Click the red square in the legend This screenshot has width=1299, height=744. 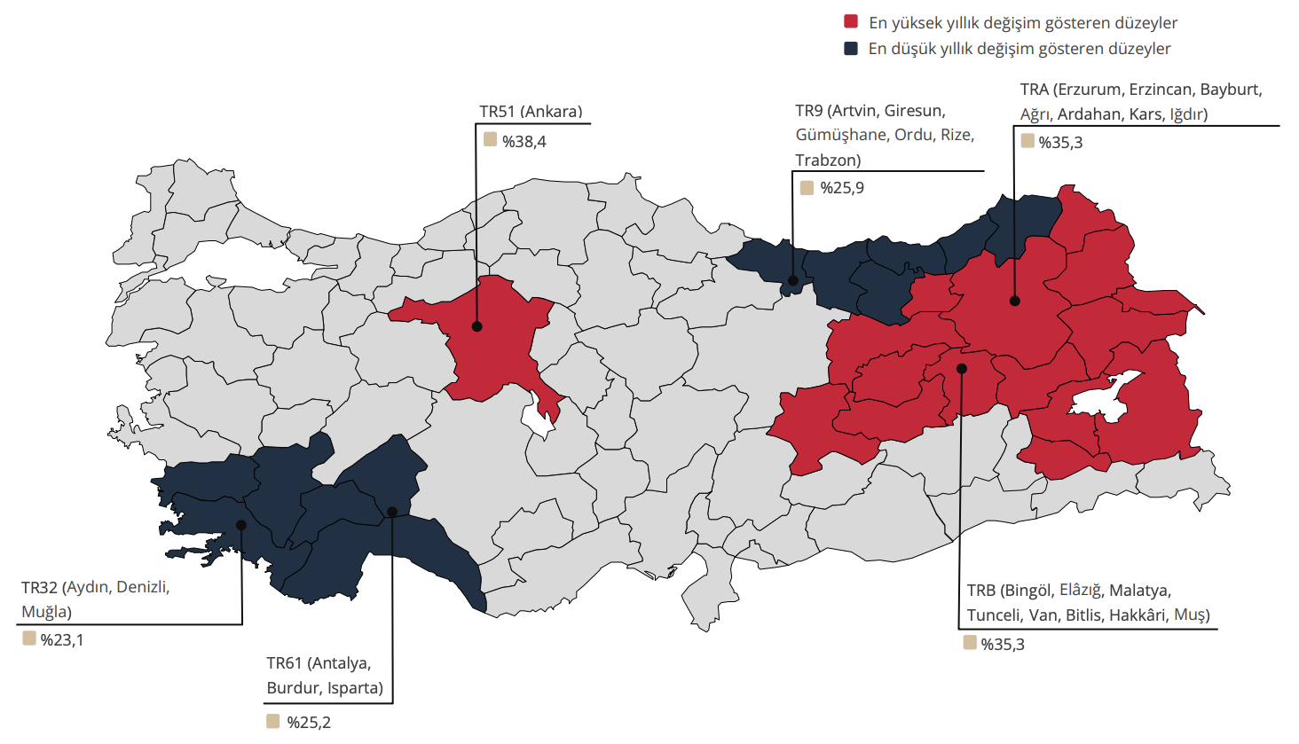click(x=851, y=22)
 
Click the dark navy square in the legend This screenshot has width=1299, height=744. click(x=851, y=48)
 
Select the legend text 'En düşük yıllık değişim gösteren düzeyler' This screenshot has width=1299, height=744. click(x=1019, y=49)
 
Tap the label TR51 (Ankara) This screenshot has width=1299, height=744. click(x=531, y=112)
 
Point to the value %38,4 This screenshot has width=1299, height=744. click(x=524, y=142)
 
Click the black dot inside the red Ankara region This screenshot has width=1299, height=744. click(x=476, y=326)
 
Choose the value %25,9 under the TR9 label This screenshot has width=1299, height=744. click(x=842, y=188)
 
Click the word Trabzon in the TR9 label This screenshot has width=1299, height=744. click(x=828, y=161)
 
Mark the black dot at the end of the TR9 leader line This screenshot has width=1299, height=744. click(x=794, y=281)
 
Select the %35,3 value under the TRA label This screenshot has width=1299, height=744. click(x=1060, y=143)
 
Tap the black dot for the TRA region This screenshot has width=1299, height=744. click(x=1015, y=302)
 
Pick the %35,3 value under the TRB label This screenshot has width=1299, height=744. click(x=1003, y=645)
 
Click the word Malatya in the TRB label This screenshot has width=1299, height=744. click(x=1139, y=591)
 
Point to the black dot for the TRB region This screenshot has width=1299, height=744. click(x=962, y=368)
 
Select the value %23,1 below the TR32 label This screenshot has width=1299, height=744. click(x=62, y=640)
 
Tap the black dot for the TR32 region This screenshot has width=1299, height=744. click(x=241, y=525)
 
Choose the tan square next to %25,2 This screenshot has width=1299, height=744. click(x=273, y=721)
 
